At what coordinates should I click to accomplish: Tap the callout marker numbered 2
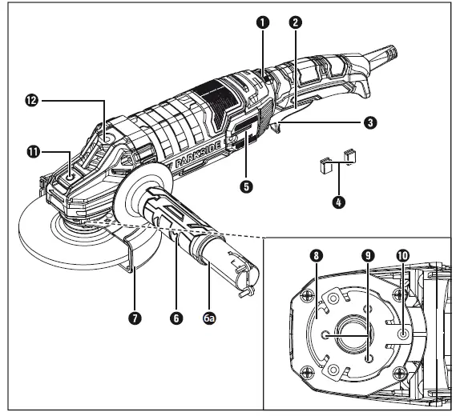pyautogui.click(x=296, y=23)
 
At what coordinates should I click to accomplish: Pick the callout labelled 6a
pyautogui.click(x=209, y=318)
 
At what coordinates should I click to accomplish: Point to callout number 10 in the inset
pyautogui.click(x=402, y=256)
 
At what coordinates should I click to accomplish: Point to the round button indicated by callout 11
pyautogui.click(x=73, y=169)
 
